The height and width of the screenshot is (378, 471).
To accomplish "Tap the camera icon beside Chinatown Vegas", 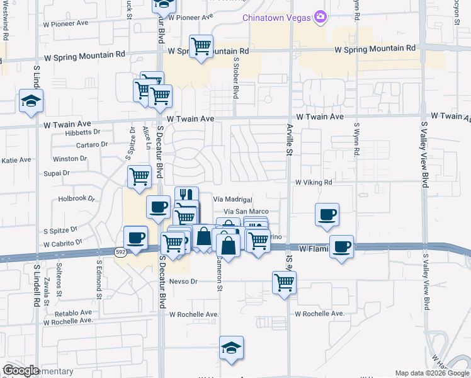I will tap(321, 16).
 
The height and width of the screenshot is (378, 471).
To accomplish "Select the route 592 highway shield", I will tap(120, 252).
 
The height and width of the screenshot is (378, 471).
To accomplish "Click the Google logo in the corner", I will tap(20, 370).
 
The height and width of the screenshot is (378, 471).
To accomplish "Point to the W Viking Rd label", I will tap(314, 182).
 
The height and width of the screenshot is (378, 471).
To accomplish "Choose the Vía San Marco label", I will tap(247, 212).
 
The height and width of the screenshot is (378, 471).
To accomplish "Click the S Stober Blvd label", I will tap(236, 79).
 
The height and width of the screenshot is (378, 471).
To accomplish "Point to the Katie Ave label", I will tap(16, 160).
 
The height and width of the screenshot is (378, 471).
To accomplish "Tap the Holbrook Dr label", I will tap(76, 198).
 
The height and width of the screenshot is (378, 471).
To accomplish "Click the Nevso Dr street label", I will tap(184, 282).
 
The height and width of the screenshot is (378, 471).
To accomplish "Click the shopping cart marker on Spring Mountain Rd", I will tap(201, 45).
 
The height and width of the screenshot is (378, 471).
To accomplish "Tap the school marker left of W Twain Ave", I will tap(31, 101).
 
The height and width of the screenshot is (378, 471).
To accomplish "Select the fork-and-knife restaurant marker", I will tap(186, 196).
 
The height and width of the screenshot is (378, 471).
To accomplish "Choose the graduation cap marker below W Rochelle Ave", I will tap(232, 346).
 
